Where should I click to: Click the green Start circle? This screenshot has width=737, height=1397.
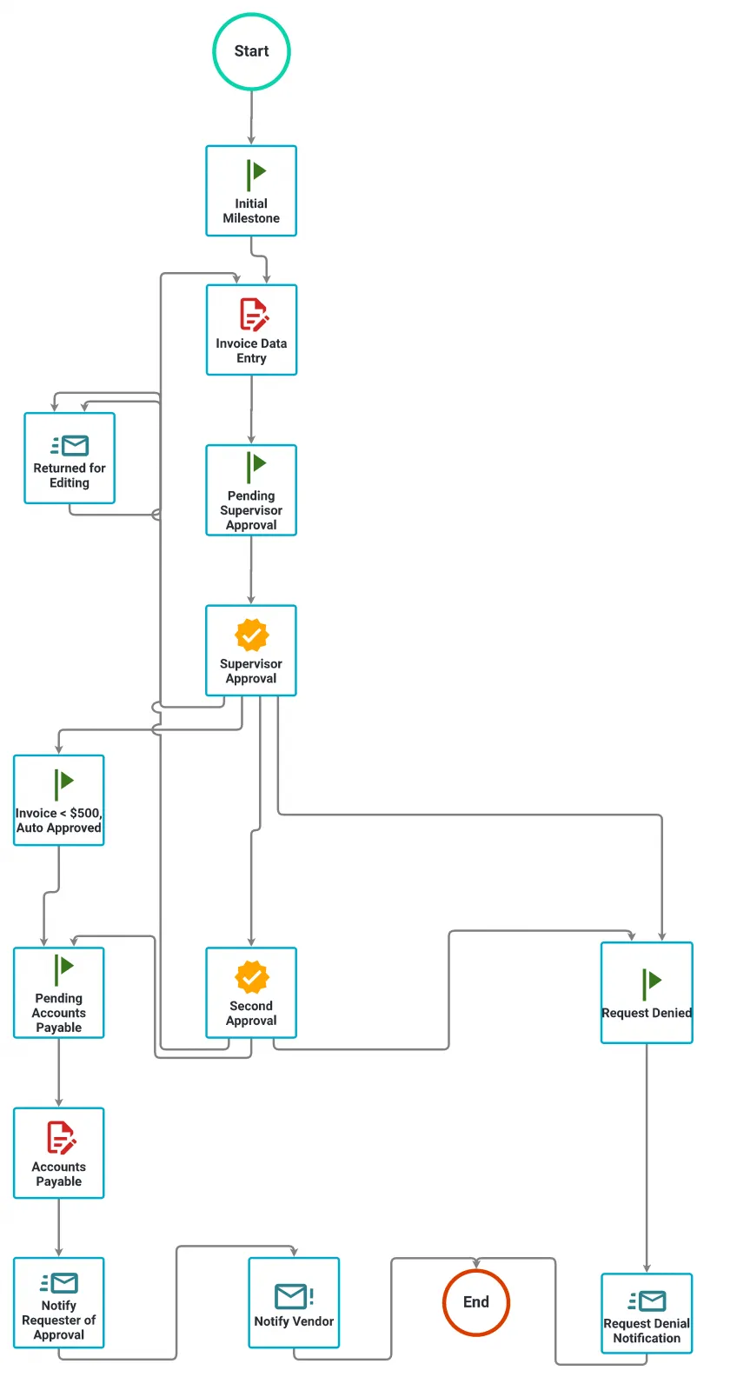pos(251,52)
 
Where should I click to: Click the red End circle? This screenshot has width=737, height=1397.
pos(475,1302)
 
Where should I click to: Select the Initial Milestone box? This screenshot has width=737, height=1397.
pos(251,191)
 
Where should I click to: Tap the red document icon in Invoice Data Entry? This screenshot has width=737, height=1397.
pos(253,315)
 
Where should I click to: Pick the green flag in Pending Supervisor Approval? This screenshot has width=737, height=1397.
pos(256,466)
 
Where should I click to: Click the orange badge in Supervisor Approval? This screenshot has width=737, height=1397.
pos(251,635)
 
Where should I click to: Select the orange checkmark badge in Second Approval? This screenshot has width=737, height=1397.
pos(251,977)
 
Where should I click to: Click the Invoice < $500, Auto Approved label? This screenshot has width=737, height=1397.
pos(58,821)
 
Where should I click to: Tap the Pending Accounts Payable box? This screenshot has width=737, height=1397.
pos(58,993)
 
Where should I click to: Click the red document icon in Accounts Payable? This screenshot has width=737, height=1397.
pos(60,1138)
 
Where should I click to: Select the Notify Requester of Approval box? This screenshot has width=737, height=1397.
pos(58,1302)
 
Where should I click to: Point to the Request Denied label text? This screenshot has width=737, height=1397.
pos(647,1013)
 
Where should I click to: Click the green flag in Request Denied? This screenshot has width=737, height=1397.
pos(651,982)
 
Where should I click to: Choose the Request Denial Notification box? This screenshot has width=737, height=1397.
pos(647,1313)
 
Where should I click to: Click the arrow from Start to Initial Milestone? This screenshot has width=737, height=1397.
pos(251,117)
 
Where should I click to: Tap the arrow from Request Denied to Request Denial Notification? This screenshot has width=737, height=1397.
pos(647,1156)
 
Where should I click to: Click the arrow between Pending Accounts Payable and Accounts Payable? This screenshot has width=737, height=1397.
pos(58,1072)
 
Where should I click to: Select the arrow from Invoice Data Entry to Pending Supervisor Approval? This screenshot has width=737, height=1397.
pos(251,409)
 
